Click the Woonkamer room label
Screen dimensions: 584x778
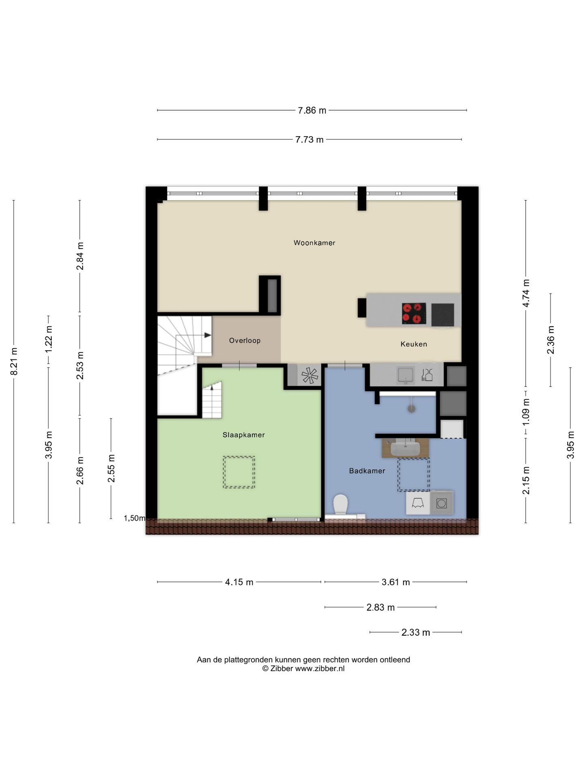click(x=314, y=243)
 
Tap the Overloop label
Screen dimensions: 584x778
click(x=245, y=340)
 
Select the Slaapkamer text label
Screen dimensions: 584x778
click(x=243, y=435)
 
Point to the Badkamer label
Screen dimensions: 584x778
click(x=367, y=471)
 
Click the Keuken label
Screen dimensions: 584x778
click(x=414, y=344)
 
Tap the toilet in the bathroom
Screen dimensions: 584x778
click(x=341, y=505)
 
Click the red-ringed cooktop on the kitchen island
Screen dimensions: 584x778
click(x=414, y=314)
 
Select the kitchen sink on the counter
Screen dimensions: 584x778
click(x=406, y=375)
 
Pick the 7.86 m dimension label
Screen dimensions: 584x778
click(x=312, y=110)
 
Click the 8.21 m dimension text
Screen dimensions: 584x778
click(x=14, y=361)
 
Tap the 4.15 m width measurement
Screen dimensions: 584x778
click(x=239, y=582)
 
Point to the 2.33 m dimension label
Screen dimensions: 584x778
click(x=416, y=633)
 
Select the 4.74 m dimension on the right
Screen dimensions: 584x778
click(x=526, y=293)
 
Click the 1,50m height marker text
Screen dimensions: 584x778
click(x=135, y=518)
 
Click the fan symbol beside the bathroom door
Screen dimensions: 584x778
click(x=310, y=375)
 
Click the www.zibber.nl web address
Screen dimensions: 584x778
click(x=320, y=669)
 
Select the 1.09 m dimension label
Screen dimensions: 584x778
click(x=526, y=411)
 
